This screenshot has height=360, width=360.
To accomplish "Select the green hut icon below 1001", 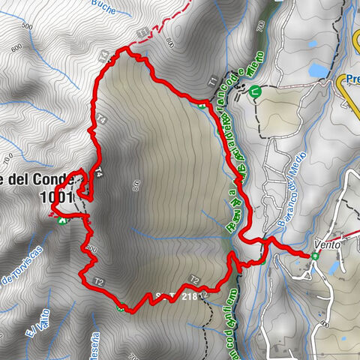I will click(x=59, y=219).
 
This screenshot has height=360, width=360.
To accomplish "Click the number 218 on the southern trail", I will click(x=189, y=297).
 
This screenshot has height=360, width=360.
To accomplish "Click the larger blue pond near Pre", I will click(x=316, y=71).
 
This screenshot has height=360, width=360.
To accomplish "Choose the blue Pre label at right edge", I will click(x=352, y=78).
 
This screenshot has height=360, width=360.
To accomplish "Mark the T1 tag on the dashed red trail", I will click(x=142, y=31).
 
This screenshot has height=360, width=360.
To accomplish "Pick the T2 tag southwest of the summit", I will click(x=97, y=281).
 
